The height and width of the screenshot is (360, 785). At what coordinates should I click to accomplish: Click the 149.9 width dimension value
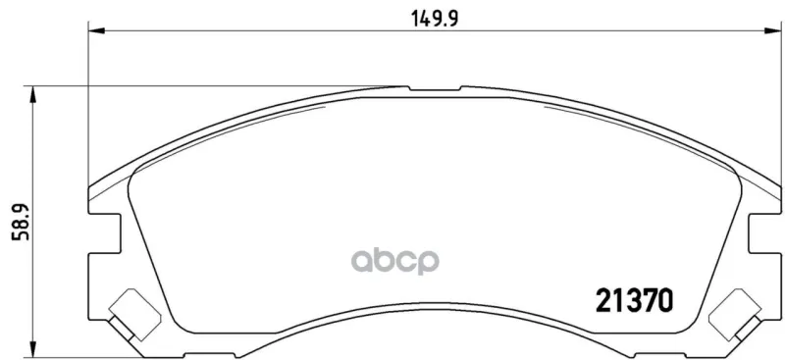[x=435, y=19]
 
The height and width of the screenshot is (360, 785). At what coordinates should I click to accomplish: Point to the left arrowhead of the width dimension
[x=96, y=31]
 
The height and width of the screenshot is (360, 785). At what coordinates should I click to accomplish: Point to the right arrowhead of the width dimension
[x=772, y=31]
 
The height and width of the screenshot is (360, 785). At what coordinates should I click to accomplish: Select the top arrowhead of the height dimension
[x=32, y=94]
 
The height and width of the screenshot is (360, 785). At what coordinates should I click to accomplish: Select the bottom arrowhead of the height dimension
[x=32, y=349]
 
